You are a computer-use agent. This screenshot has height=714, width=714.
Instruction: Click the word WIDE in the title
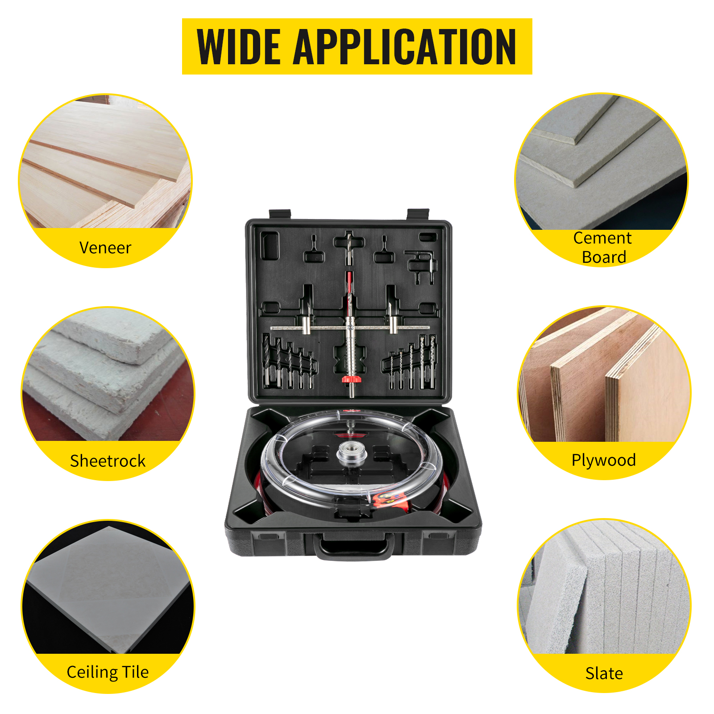pyautogui.click(x=239, y=47)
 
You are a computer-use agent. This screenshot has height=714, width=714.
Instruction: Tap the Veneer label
pyautogui.click(x=105, y=248)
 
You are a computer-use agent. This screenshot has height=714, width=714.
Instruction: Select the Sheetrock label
pyautogui.click(x=108, y=461)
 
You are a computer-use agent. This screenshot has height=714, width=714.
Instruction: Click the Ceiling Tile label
pyautogui.click(x=108, y=672)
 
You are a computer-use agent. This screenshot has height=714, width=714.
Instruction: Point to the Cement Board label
pyautogui.click(x=602, y=247)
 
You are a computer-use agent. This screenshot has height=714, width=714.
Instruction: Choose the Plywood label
pyautogui.click(x=604, y=460)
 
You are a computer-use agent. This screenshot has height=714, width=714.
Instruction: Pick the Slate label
pyautogui.click(x=604, y=673)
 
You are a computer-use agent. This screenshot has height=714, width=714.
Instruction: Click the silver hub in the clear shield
pyautogui.click(x=352, y=453)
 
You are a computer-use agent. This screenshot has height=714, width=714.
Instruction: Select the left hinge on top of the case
pyautogui.click(x=280, y=214)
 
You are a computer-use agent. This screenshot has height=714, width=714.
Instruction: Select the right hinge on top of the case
pyautogui.click(x=418, y=214)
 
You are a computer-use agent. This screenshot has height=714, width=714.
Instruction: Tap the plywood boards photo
pyautogui.click(x=604, y=374)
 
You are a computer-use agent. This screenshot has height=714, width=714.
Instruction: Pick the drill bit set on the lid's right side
pyautogui.click(x=409, y=363)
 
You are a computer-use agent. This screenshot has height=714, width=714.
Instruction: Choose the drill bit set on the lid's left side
pyautogui.click(x=290, y=363)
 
